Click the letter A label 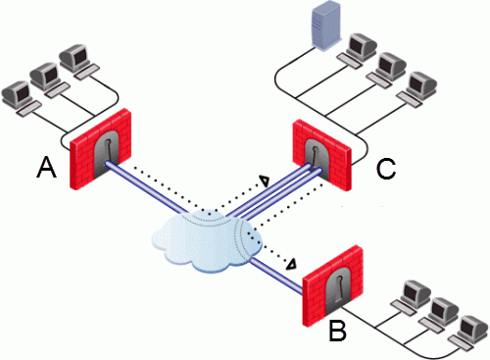(45, 171)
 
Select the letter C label (388, 169)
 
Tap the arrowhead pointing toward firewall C (263, 180)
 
